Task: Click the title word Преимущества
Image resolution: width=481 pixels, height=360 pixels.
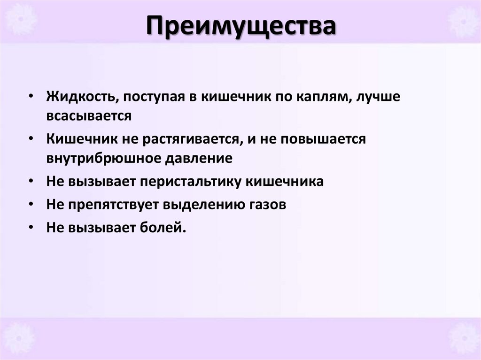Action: click(240, 27)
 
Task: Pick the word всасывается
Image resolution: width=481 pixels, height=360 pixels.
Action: click(89, 116)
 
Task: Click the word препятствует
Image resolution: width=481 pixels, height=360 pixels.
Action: click(115, 205)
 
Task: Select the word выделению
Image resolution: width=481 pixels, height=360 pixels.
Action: click(202, 205)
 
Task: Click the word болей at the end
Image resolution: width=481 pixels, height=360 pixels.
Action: click(161, 228)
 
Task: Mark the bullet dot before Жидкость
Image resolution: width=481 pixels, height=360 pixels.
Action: click(31, 96)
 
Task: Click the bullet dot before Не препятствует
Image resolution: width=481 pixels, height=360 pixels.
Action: click(31, 204)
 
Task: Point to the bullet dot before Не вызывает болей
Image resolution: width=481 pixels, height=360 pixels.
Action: click(31, 227)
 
